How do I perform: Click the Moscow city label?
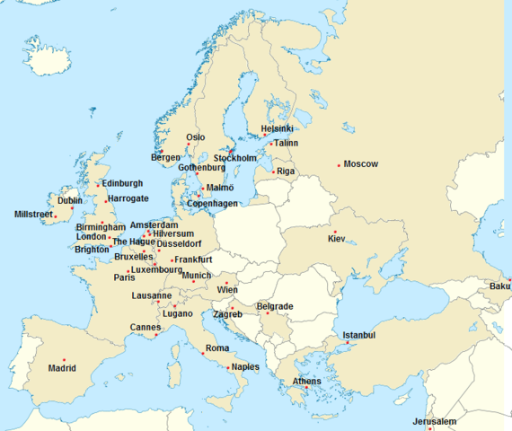click(361, 164)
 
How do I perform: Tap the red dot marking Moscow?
click(339, 164)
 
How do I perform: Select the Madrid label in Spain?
click(62, 368)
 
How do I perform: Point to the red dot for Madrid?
click(64, 360)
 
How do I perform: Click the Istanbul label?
click(358, 335)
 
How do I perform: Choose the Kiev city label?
click(337, 240)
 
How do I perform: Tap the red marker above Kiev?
click(335, 232)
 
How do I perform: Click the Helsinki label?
click(278, 128)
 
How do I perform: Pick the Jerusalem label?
click(435, 422)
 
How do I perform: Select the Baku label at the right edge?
click(499, 286)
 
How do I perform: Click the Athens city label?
click(306, 382)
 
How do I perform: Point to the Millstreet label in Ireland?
click(33, 215)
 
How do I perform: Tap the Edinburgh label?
click(122, 183)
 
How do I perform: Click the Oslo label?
click(195, 137)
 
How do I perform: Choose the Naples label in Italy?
click(245, 366)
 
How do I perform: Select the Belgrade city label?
click(274, 306)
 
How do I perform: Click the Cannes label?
click(146, 327)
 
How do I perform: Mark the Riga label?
click(286, 171)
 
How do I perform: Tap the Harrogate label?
click(128, 198)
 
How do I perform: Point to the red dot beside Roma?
click(203, 353)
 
